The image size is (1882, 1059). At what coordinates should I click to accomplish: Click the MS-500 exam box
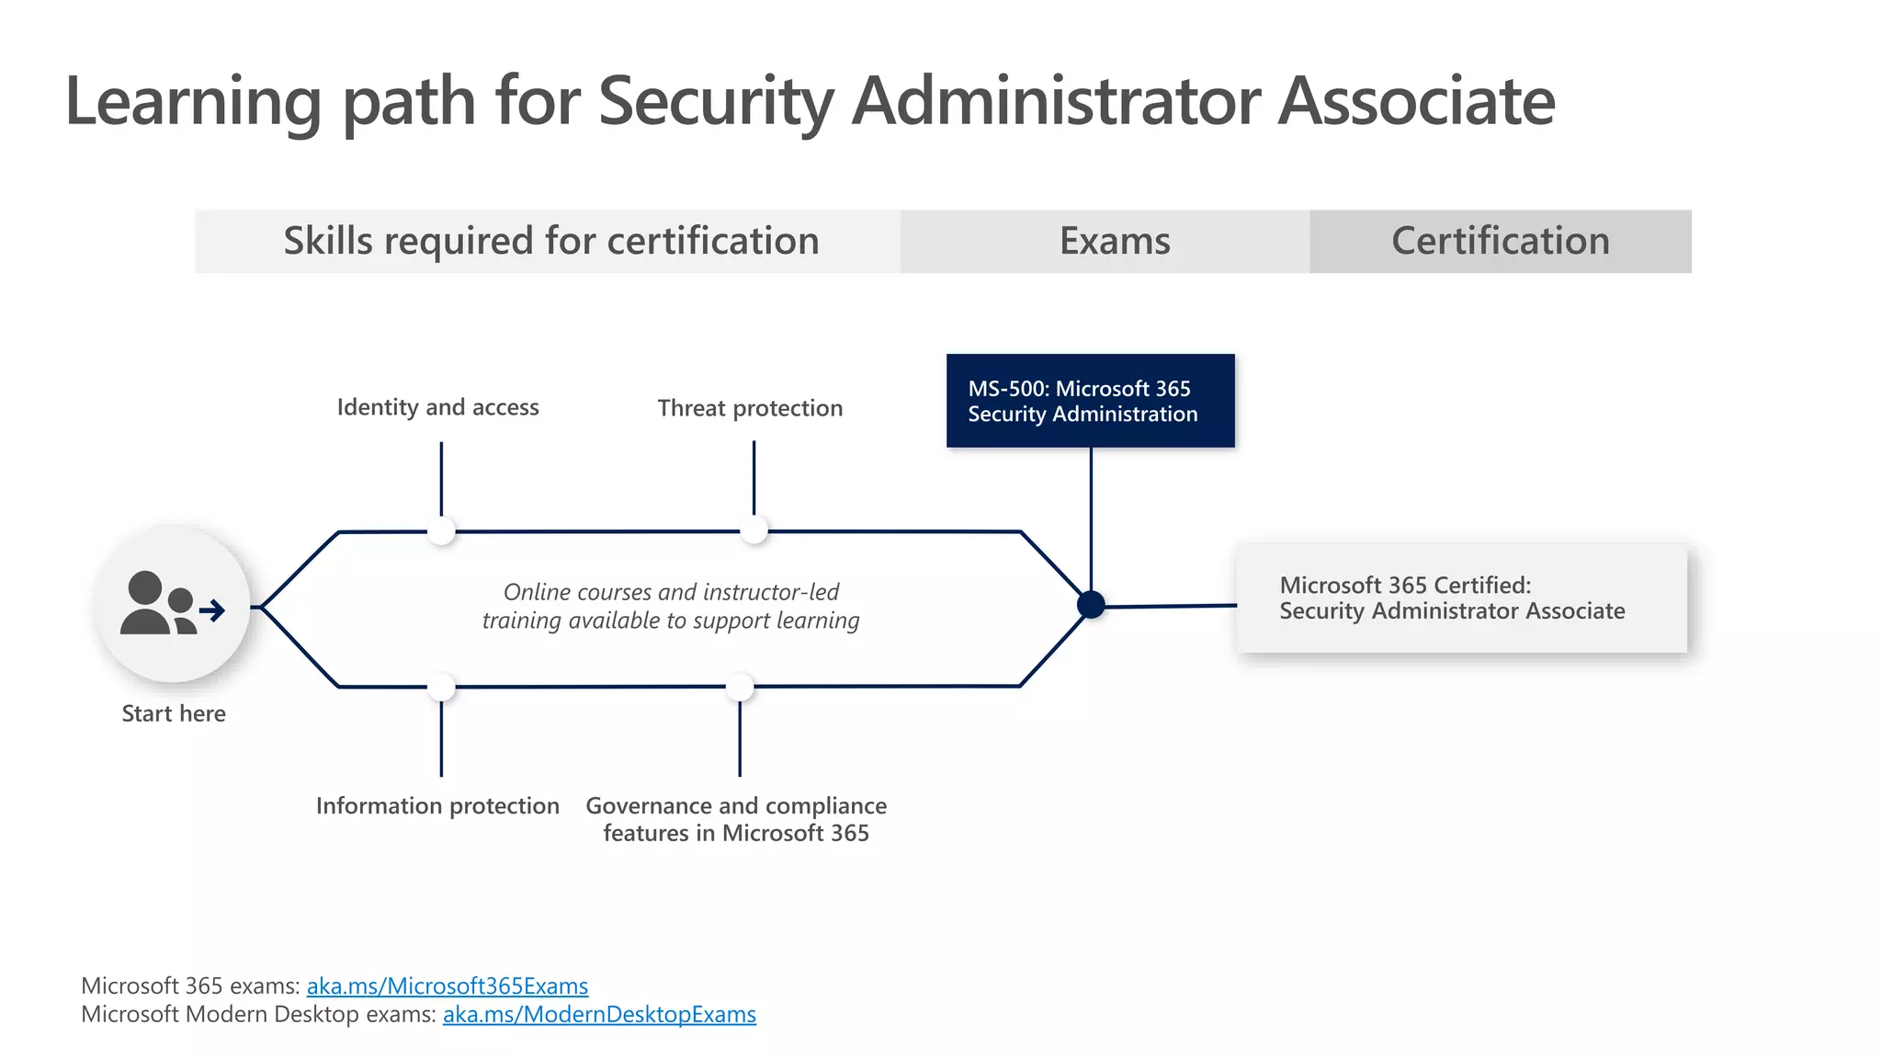(x=1090, y=401)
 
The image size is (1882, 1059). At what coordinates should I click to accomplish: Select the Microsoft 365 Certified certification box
(x=1461, y=598)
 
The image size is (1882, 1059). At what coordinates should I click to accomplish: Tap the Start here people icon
(x=172, y=605)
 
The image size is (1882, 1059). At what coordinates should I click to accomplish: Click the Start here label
(x=174, y=713)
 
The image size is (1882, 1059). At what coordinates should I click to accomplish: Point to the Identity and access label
(x=437, y=407)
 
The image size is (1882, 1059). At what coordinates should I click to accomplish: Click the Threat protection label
(x=750, y=408)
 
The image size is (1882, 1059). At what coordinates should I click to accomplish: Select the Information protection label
(x=437, y=806)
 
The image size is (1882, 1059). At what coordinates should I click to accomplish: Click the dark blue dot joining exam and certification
(x=1091, y=605)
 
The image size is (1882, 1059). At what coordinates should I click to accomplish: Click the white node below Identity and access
(x=442, y=530)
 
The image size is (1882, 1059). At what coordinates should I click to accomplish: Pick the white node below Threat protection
(x=754, y=529)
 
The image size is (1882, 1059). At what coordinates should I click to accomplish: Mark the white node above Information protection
(x=442, y=687)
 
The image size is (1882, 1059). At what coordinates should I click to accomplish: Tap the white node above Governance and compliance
(x=740, y=687)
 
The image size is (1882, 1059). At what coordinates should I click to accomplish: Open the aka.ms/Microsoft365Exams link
(x=448, y=986)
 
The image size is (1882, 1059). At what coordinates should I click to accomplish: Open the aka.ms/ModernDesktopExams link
(x=599, y=1015)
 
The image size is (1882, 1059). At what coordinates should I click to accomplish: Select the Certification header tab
(x=1500, y=241)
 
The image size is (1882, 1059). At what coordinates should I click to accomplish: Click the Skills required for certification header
(x=550, y=241)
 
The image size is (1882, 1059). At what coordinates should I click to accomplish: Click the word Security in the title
(x=716, y=101)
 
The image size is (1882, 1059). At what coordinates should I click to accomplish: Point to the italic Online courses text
(x=671, y=606)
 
